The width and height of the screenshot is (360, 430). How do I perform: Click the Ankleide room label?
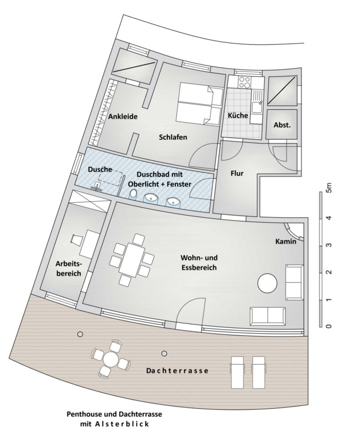click(122, 116)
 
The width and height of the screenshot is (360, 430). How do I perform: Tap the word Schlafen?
click(173, 137)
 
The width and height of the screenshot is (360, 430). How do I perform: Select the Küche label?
click(238, 115)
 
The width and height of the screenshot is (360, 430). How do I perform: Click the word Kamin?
click(285, 241)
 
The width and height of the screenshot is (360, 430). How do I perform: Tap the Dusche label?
click(99, 170)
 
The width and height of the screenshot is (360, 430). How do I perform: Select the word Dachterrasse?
click(177, 371)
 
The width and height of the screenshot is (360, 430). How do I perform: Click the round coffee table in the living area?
click(267, 283)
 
